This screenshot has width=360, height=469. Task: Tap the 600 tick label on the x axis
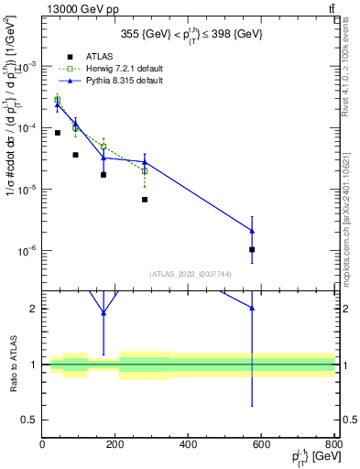[262, 443]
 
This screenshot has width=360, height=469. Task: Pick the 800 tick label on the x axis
[333, 443]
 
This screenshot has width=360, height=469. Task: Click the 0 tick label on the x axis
[43, 443]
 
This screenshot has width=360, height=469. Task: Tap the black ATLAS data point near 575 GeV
[252, 249]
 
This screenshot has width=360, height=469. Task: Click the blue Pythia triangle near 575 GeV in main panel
[252, 231]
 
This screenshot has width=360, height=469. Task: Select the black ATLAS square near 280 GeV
[145, 199]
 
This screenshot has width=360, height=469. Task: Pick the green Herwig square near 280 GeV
[145, 170]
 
